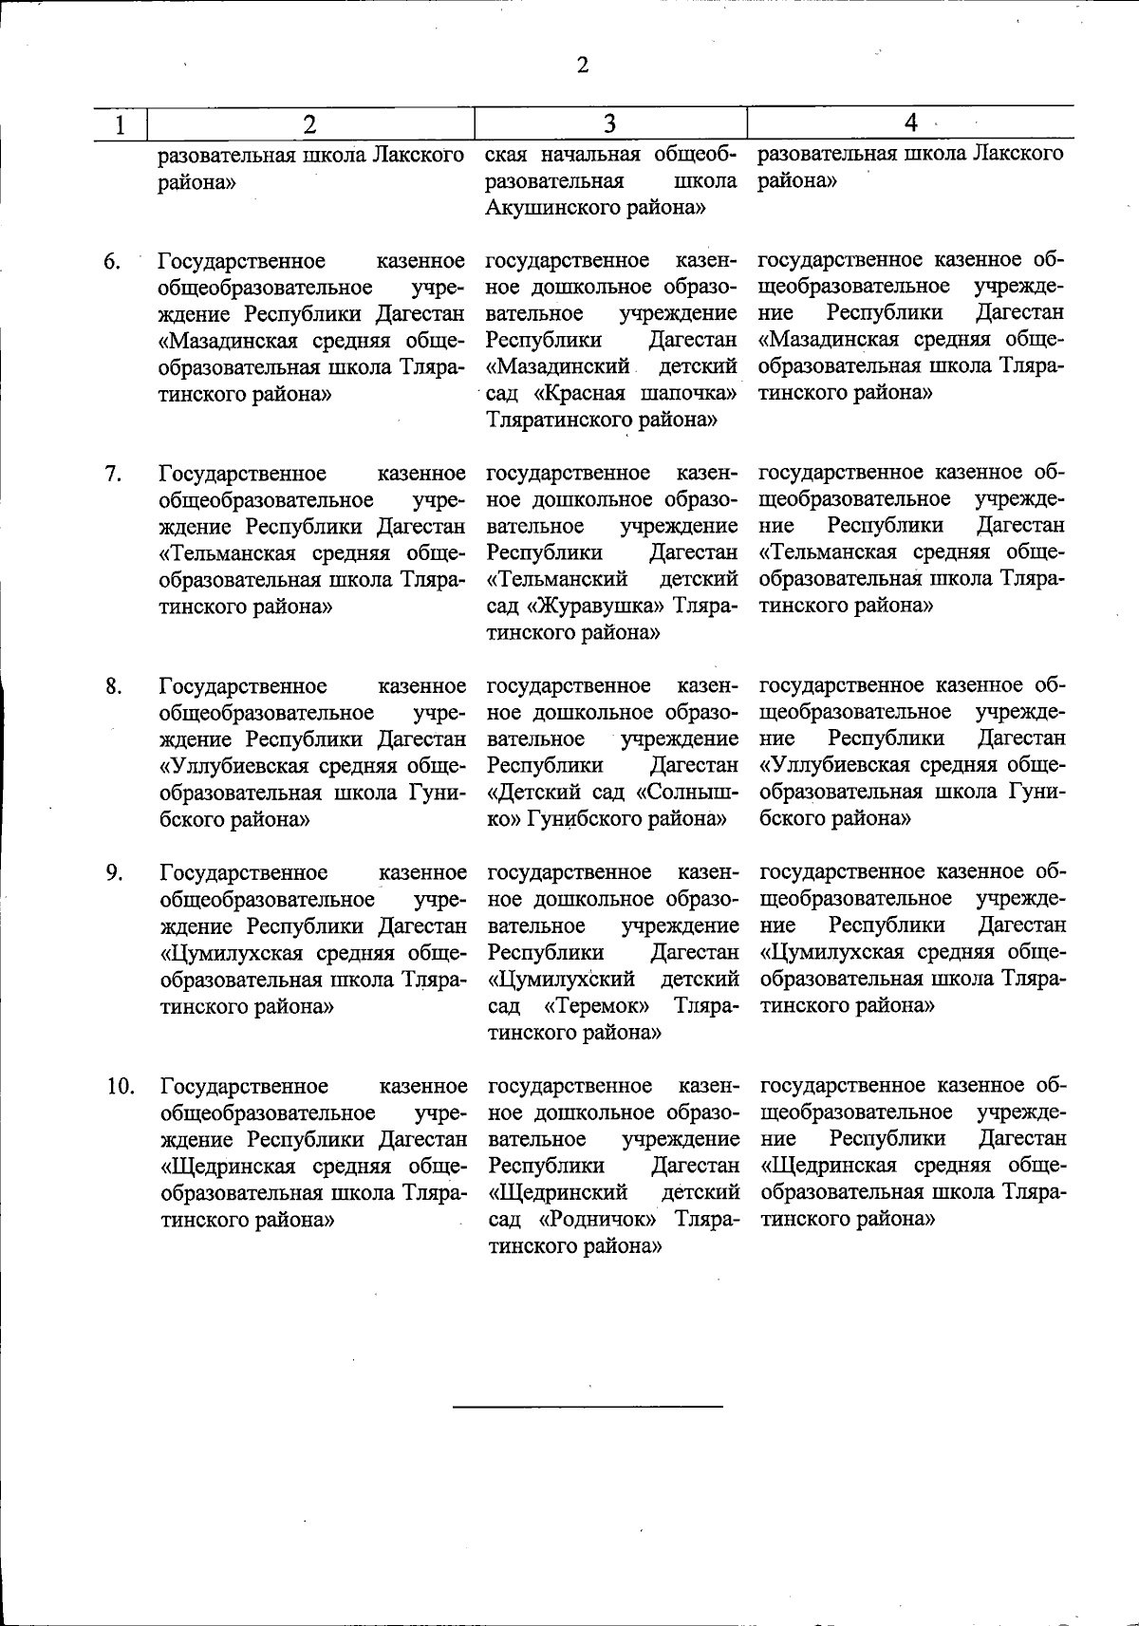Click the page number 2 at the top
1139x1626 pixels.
pos(582,65)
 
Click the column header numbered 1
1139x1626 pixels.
pos(120,124)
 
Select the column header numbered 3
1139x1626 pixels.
pos(609,123)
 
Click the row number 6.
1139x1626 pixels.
pos(112,261)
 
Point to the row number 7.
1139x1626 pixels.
pos(112,474)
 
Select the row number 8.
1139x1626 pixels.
pos(113,686)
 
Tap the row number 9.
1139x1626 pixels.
pos(113,872)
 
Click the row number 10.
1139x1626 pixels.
pos(119,1086)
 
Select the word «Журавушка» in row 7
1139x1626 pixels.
pos(598,606)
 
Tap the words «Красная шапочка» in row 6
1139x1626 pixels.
pos(630,393)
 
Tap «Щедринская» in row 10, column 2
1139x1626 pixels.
pos(223,1166)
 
